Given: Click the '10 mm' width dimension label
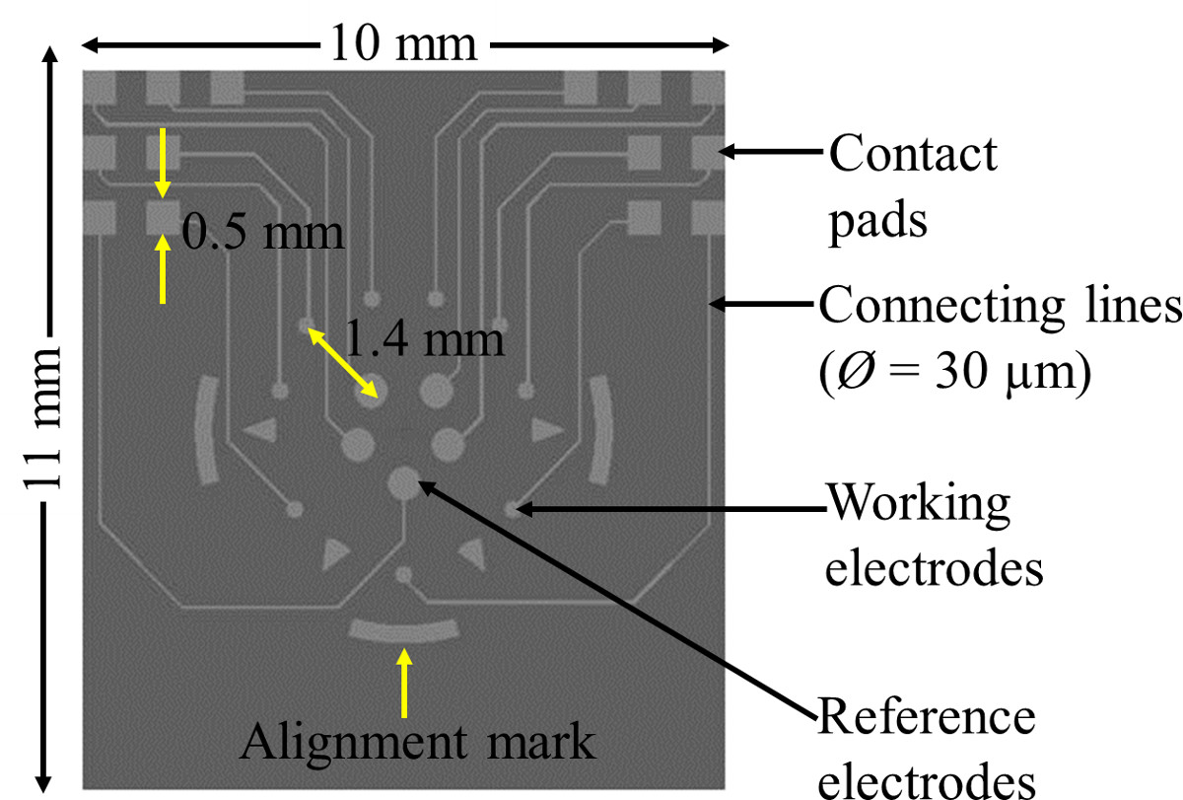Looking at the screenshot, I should tap(404, 44).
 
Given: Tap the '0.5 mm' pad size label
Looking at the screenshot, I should tap(264, 234).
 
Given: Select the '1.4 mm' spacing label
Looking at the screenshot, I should tap(426, 341).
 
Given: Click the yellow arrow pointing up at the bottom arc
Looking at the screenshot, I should tap(403, 681).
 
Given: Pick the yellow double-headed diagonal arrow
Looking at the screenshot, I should tap(343, 361).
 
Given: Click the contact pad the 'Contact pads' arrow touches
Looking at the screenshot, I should tap(707, 152).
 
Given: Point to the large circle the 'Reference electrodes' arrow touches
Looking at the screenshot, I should tap(402, 482).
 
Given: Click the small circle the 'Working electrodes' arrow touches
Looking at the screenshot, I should tap(513, 509).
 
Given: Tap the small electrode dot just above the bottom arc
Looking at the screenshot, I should tap(402, 574).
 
